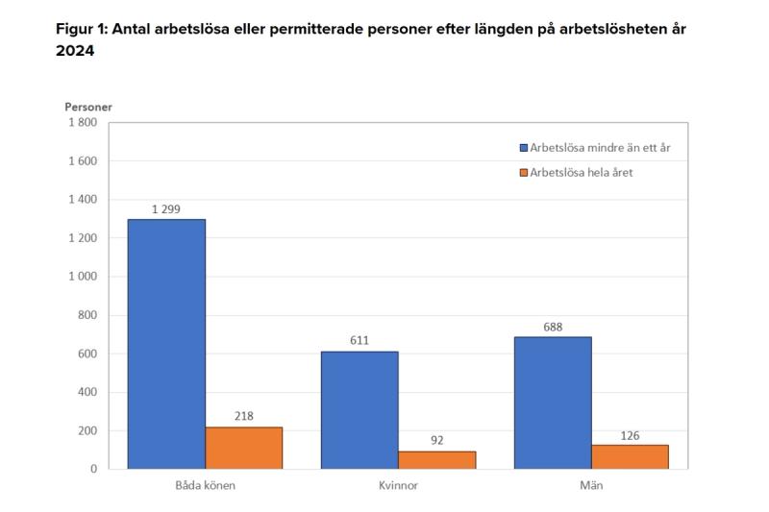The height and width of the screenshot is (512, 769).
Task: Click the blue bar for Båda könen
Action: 166,344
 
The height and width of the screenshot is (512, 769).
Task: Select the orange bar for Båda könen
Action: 244,448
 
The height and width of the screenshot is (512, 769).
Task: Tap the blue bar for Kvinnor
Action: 360,410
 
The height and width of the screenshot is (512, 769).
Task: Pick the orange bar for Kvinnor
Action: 437,460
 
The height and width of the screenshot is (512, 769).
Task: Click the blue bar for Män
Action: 553,402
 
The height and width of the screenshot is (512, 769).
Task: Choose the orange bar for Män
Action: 630,456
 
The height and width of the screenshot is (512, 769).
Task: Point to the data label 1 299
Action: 166,208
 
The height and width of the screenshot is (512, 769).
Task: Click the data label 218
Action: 244,416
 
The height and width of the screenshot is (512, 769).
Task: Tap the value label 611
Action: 360,340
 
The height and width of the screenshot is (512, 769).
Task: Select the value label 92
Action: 437,441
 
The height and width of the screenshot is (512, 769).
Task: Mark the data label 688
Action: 553,326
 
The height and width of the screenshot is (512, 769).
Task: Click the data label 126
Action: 630,434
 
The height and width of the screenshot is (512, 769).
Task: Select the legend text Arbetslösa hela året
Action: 581,173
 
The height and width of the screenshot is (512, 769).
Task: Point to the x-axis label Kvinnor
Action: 398,485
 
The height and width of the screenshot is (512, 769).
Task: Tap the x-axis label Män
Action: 591,485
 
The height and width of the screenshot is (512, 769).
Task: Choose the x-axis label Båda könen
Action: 205,485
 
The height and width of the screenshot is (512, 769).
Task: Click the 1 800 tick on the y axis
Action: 82,122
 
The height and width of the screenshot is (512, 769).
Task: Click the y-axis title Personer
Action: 88,107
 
